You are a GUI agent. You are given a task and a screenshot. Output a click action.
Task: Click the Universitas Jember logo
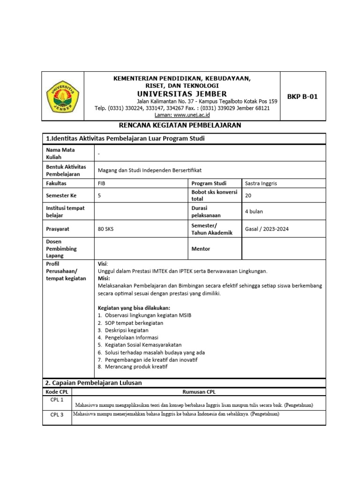click(62, 97)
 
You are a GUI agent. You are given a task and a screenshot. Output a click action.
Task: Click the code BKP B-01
click(302, 97)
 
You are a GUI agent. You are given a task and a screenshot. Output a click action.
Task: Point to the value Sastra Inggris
click(261, 183)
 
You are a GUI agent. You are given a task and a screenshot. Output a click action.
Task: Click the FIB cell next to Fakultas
click(102, 183)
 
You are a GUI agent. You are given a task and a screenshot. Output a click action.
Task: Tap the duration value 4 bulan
click(254, 211)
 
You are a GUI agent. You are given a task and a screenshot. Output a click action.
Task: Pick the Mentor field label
click(201, 249)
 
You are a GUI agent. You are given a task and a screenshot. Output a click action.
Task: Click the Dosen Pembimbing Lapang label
click(61, 249)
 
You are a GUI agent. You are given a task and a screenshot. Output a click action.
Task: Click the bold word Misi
click(103, 278)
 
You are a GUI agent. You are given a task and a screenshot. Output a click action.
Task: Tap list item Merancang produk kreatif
click(136, 367)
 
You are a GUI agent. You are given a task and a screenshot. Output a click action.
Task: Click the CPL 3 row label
click(57, 414)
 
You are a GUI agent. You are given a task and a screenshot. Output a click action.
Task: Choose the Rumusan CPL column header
click(199, 392)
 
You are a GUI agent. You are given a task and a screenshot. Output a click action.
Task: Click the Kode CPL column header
click(57, 392)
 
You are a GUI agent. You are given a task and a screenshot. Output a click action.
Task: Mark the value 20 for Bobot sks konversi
click(248, 195)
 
